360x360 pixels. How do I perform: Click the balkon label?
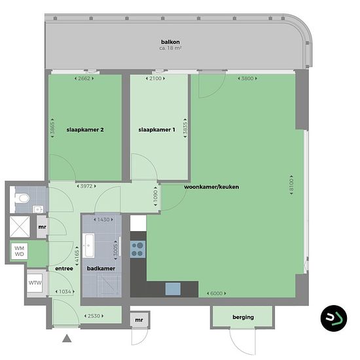pos(170,42)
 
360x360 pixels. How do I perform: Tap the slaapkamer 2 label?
pos(85,130)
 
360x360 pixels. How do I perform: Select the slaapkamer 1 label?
pos(156,130)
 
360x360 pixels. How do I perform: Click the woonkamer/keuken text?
pos(211,187)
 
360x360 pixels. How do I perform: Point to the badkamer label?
pos(101,268)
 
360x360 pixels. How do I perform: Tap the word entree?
pos(64,268)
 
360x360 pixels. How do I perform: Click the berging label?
pos(243,317)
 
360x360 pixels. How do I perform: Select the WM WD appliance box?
pos(20,251)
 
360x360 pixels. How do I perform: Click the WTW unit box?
pos(35,283)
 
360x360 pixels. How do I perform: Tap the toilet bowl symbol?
pos(22,198)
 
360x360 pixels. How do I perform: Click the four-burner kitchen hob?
pos(137,249)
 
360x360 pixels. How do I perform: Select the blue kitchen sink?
pos(173,289)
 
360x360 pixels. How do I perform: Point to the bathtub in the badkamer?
pos(88,245)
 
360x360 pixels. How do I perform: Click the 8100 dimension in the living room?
pos(291,185)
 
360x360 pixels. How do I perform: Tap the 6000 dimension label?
pos(217,293)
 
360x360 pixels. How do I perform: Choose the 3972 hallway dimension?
pos(86,186)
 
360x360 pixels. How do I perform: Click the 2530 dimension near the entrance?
pos(94,316)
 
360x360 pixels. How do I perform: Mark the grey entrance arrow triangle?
pos(67,338)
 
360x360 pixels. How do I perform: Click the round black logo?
pos(334,318)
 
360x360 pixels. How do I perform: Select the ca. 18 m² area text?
pos(170,48)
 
